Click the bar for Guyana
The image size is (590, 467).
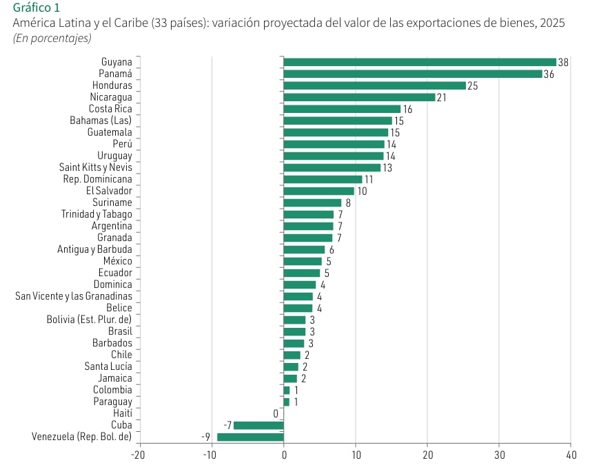tap(419, 62)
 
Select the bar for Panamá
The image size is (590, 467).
tap(412, 74)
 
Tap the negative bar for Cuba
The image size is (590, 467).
tap(258, 425)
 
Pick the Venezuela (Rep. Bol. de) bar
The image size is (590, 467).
tap(250, 437)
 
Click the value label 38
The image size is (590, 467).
tap(563, 63)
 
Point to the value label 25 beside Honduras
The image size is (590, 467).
tap(472, 86)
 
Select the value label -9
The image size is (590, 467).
tap(205, 437)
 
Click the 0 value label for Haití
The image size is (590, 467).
tap(276, 413)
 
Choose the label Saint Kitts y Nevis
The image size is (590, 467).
tap(95, 167)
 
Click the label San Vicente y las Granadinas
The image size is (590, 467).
tap(74, 296)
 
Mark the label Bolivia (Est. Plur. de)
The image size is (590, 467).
tap(89, 320)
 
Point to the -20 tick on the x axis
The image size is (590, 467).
tap(139, 455)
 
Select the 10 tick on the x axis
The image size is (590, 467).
tap(355, 455)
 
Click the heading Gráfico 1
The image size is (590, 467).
tap(36, 8)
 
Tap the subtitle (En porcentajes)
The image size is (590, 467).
tap(52, 38)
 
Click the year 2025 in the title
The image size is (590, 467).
tap(552, 23)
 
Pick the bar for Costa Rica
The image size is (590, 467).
tap(342, 109)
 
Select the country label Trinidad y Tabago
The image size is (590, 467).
tap(96, 214)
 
